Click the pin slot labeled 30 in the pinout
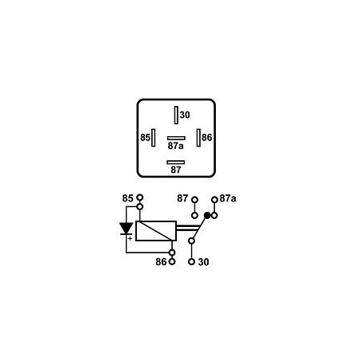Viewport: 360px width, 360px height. pos(175,115)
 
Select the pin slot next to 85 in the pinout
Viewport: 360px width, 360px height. pos(155,138)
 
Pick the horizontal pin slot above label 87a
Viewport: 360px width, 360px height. pos(176,138)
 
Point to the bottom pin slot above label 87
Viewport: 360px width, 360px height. pos(176,162)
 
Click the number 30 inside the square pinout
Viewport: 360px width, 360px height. pos(185,115)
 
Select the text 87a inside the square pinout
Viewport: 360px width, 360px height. pos(176,146)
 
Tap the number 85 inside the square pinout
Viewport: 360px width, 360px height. pos(145,138)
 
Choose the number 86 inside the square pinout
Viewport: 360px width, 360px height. pos(207,138)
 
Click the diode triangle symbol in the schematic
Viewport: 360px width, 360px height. pos(126,229)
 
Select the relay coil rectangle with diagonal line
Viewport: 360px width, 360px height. pos(155,230)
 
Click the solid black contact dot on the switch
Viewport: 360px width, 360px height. pos(207,215)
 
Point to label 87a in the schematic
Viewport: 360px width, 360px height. pos(228,198)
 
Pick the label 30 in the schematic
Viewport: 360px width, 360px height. pos(203,261)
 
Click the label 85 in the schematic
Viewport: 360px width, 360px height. pos(128,198)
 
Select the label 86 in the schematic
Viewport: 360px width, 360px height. pos(162,261)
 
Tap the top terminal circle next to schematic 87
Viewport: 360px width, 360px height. pos(193,198)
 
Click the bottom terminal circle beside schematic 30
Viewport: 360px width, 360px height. pos(192,260)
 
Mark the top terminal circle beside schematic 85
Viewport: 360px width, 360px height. pos(140,198)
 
